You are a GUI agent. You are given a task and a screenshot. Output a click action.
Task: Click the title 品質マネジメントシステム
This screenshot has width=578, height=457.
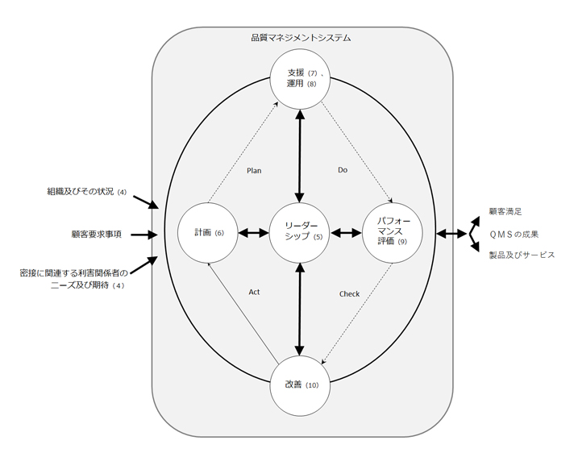point(301,38)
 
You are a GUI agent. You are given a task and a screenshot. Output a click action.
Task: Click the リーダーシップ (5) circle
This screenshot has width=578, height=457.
point(300,234)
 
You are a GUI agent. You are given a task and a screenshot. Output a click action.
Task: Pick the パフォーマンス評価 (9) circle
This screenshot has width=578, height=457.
point(393,234)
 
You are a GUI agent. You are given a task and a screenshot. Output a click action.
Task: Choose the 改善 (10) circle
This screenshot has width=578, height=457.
point(301,385)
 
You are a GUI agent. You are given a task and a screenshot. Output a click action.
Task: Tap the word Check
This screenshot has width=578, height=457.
point(349,294)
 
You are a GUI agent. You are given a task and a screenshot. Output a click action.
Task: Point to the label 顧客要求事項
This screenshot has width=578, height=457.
point(96,235)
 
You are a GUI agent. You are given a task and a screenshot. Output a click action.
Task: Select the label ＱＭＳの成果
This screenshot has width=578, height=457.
point(514,234)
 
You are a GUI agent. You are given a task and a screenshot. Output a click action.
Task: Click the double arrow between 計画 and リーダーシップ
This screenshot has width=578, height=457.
point(254,234)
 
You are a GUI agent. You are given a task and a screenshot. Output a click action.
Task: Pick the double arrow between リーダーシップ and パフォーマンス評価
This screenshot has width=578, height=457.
point(347,234)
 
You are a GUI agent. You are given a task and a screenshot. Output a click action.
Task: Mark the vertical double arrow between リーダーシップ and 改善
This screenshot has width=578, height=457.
point(300,309)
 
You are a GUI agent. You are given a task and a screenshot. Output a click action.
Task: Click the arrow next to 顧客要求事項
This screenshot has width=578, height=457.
point(142,235)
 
